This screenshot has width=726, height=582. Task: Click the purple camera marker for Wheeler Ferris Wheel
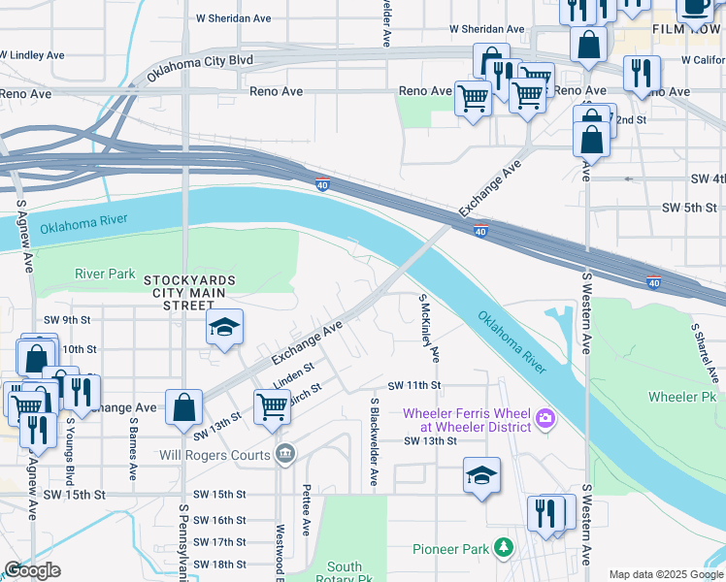point(544,418)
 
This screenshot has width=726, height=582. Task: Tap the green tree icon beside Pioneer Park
point(503,549)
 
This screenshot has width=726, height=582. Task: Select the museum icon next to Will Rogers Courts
point(284,453)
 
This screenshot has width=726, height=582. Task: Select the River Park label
point(105,275)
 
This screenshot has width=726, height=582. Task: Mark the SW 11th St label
point(414,386)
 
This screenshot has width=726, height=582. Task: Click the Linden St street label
point(294,375)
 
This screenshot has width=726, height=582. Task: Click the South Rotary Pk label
point(345,572)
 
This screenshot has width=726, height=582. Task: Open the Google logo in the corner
point(32,570)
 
